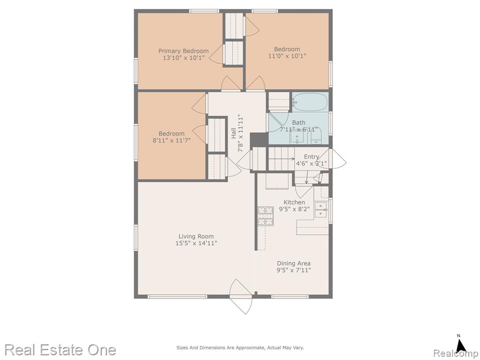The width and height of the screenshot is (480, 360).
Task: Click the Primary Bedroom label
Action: (x=183, y=51)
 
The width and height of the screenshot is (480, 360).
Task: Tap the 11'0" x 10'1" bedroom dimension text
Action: (x=287, y=56)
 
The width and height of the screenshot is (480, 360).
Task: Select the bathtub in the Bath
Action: (x=310, y=102)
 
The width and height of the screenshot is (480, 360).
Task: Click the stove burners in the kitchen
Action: (x=265, y=216)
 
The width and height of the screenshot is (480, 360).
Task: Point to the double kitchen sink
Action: (x=321, y=210)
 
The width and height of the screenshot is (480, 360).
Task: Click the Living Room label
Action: (x=196, y=236)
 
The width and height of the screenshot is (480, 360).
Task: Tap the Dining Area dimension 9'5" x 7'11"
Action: (x=294, y=270)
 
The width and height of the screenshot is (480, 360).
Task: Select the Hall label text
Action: (x=233, y=133)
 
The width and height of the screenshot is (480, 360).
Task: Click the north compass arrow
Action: (x=460, y=345)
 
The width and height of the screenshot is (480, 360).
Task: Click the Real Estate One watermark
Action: (x=60, y=350)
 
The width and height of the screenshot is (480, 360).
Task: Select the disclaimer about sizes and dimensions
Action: (x=240, y=347)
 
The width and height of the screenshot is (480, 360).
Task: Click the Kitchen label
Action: (x=294, y=202)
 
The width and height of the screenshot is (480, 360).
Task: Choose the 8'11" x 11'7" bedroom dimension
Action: (x=172, y=140)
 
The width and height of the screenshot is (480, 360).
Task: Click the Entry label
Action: (x=311, y=157)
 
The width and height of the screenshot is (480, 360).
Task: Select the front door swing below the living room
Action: (x=241, y=296)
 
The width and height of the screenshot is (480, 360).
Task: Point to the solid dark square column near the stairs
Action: (x=259, y=140)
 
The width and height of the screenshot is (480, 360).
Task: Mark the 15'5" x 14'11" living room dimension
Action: (x=196, y=243)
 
